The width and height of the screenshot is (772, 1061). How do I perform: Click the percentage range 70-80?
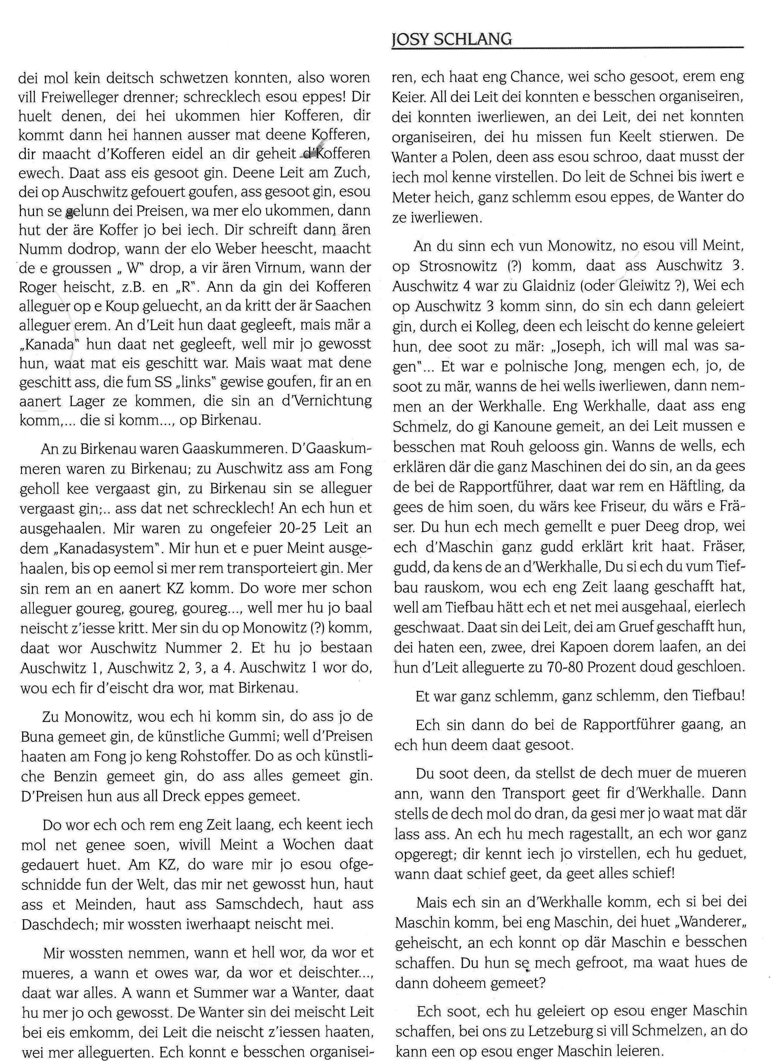[x=568, y=667]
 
